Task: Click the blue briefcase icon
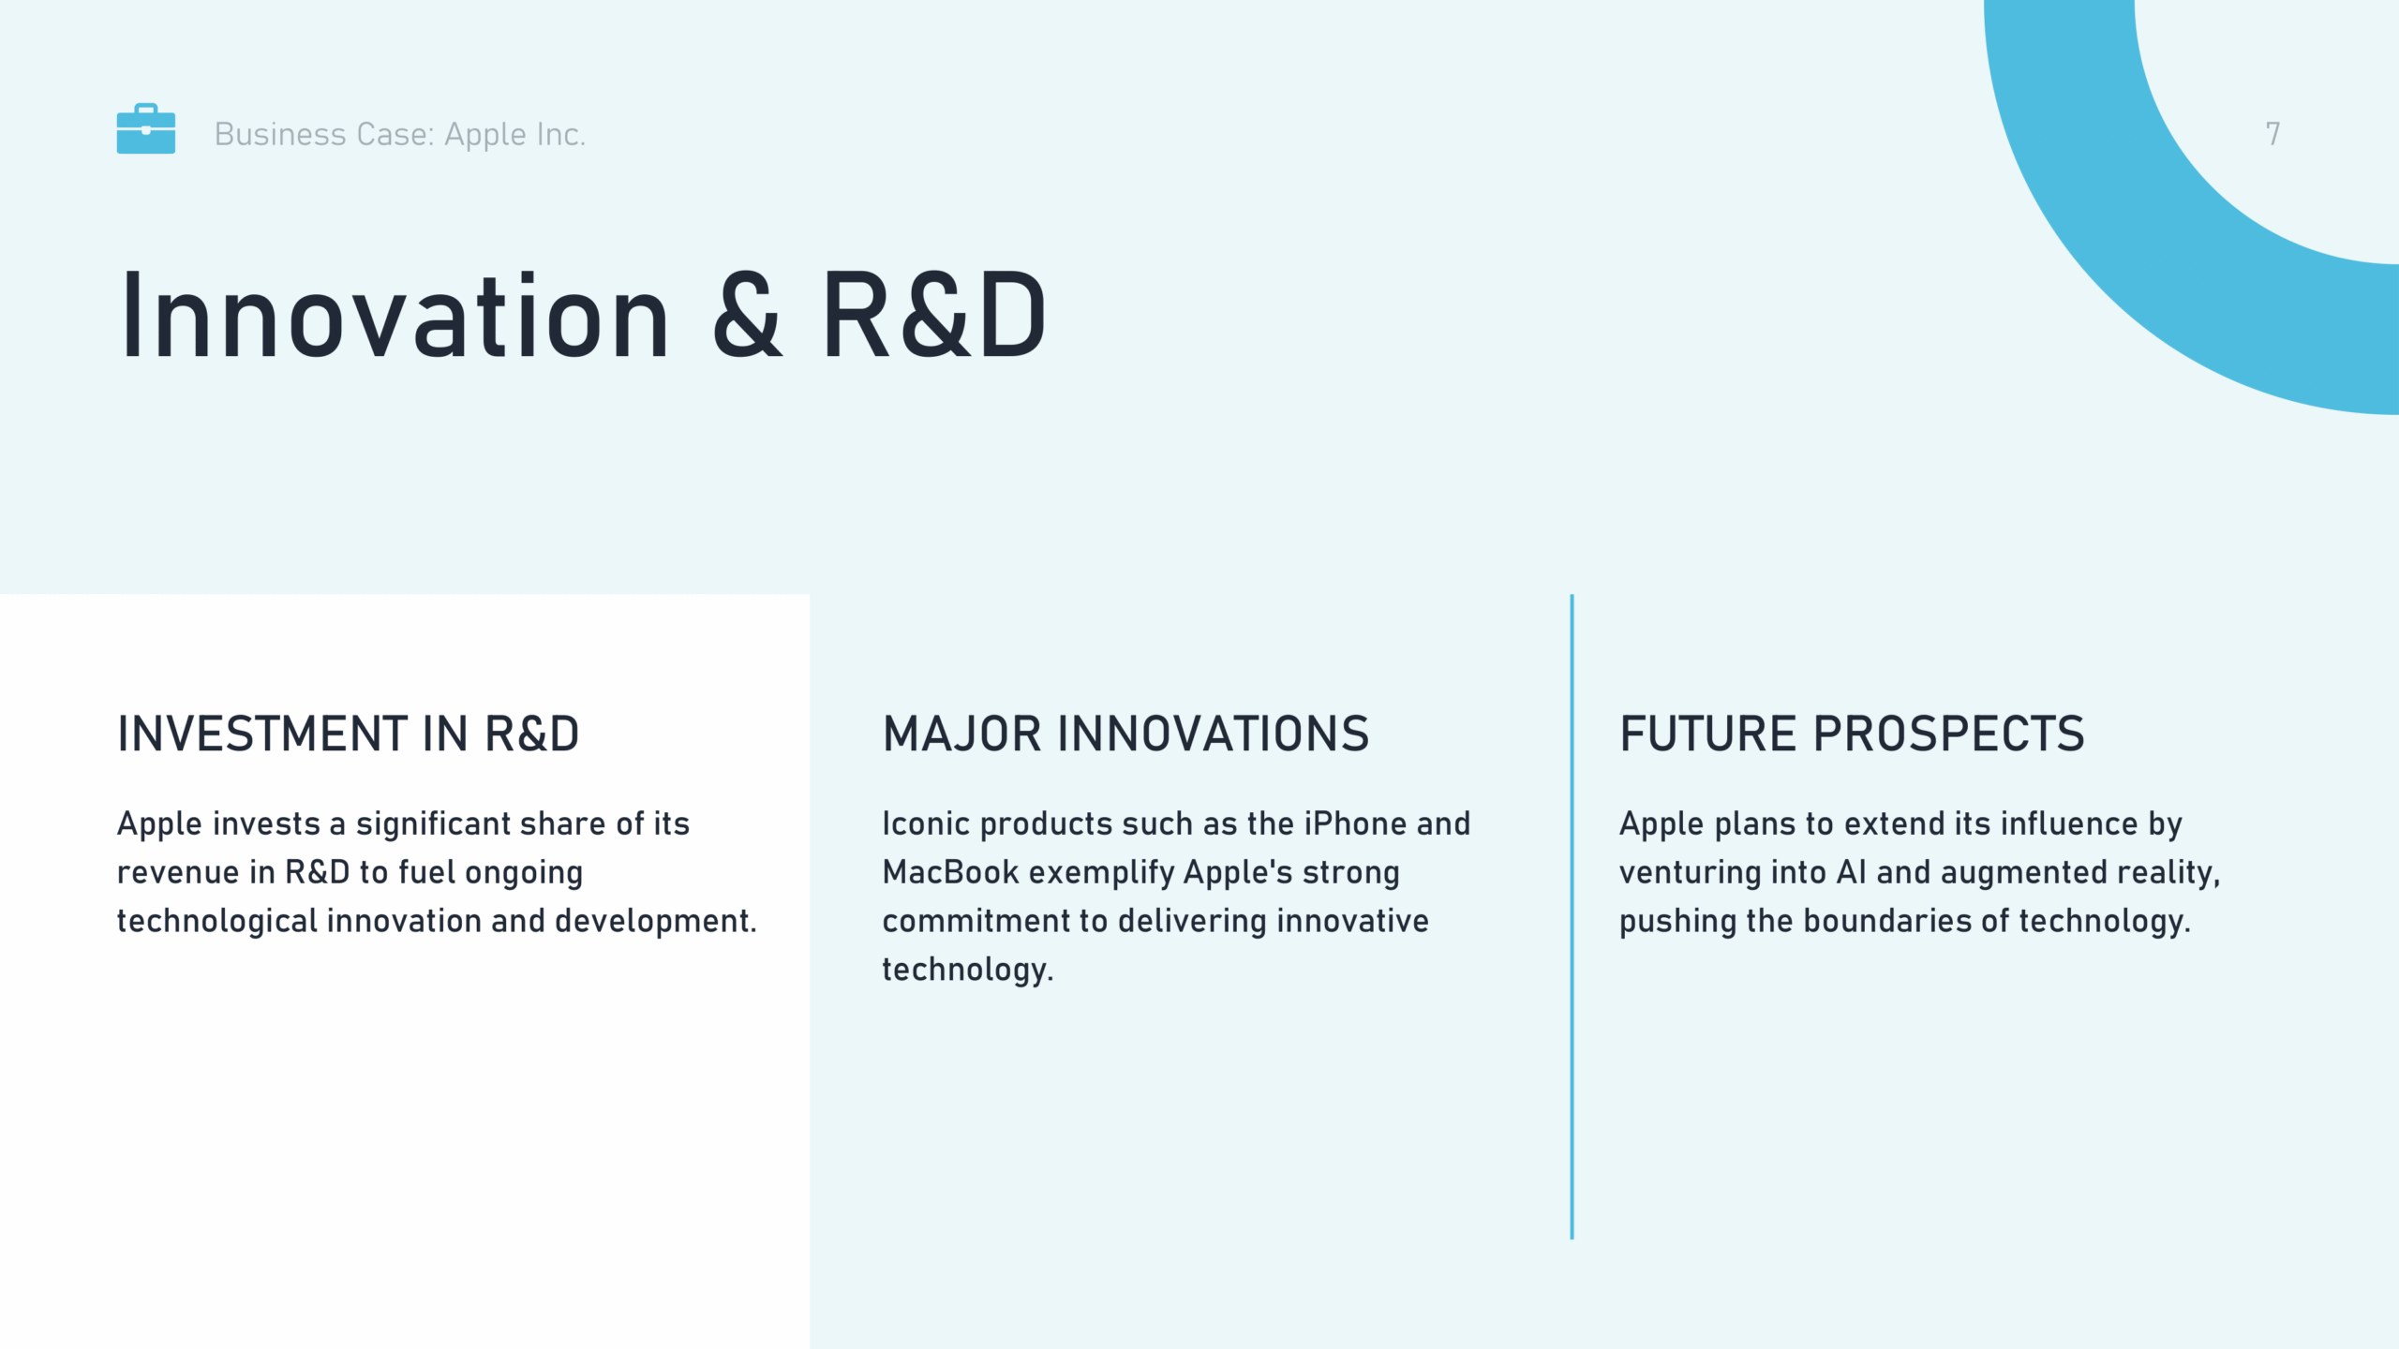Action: pos(145,128)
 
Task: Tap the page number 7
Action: pos(2272,134)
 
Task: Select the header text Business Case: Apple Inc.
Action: pos(400,135)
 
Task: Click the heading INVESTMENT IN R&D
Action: pos(349,734)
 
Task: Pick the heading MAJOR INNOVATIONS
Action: pos(1125,734)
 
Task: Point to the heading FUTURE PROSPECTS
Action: pos(1852,734)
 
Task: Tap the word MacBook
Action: pos(950,872)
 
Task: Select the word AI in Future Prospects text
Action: pos(1852,872)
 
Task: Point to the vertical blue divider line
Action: pos(1572,916)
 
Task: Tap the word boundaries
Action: pos(1887,921)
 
